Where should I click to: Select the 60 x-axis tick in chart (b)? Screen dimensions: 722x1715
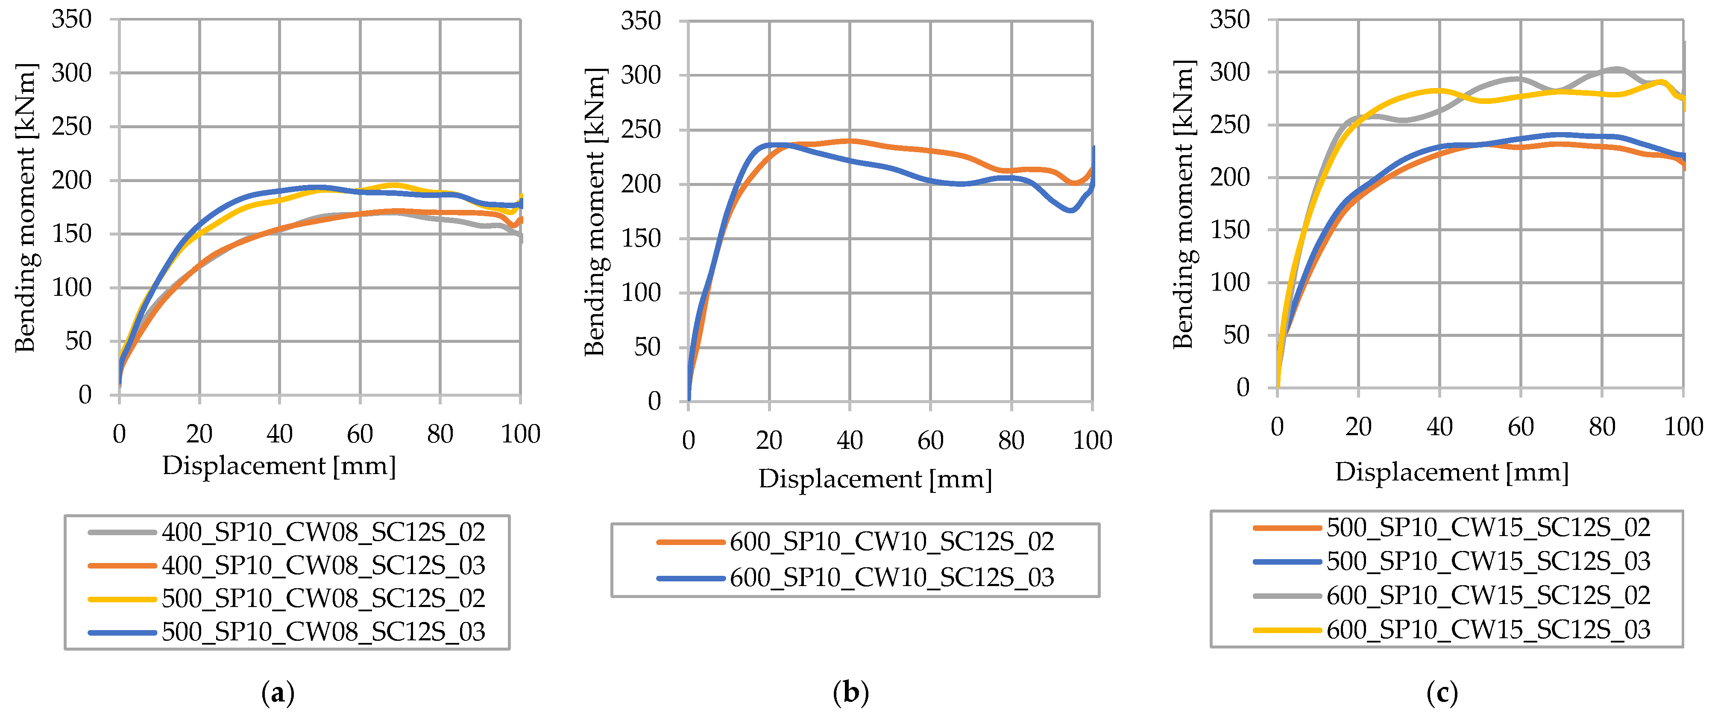tap(930, 440)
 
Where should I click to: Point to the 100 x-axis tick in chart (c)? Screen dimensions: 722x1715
tap(1683, 426)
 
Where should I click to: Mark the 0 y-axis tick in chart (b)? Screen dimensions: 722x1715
tap(654, 401)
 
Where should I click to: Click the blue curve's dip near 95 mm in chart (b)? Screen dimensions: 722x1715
tap(1070, 210)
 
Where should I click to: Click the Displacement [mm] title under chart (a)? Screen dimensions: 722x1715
tap(279, 465)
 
